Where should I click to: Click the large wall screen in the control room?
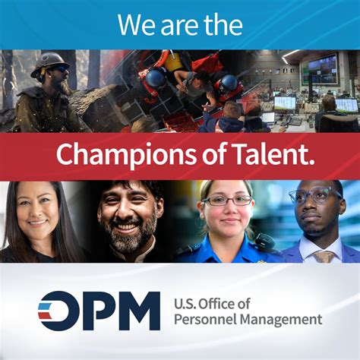pyautogui.click(x=321, y=68)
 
